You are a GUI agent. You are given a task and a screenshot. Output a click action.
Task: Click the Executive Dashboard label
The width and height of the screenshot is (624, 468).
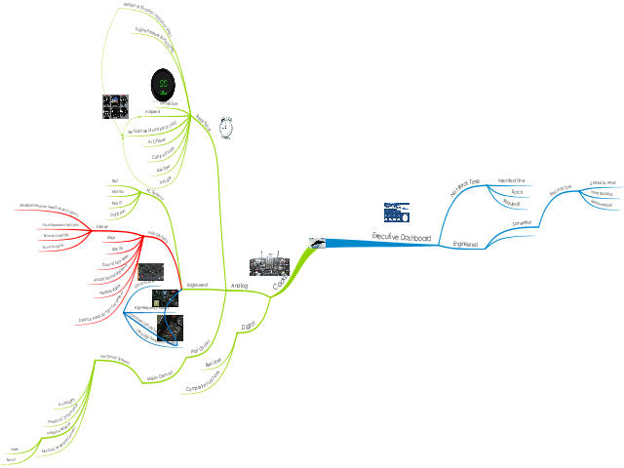[x=401, y=236]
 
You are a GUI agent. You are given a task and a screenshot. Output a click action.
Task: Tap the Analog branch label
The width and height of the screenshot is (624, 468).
[x=239, y=286]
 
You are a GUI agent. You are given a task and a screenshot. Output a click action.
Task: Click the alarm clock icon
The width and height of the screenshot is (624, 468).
[x=226, y=126]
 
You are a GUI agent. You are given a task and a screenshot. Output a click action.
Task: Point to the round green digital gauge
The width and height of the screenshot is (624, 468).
[x=164, y=85]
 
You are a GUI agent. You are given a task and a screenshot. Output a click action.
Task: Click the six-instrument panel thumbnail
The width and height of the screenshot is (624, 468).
[x=115, y=105]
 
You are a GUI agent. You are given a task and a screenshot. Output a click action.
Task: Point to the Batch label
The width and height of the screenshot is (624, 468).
[x=517, y=193]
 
